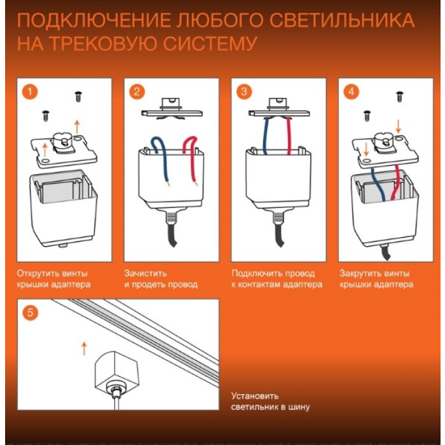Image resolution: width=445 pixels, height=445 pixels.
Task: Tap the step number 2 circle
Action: [x=137, y=92]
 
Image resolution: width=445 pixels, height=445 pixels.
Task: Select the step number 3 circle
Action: [x=244, y=92]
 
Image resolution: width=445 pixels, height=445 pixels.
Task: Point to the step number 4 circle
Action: [x=351, y=92]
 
